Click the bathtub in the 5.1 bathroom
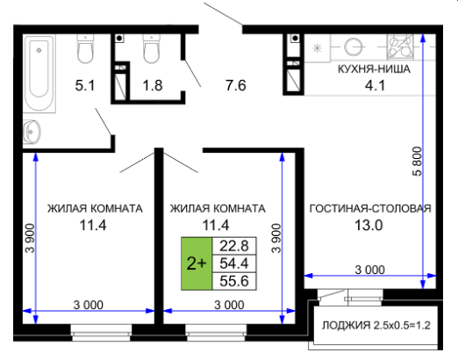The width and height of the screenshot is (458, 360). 39,74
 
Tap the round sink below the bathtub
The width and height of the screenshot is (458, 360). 32,132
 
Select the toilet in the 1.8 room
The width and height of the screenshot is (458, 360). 151,48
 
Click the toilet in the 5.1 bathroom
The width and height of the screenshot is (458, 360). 85,48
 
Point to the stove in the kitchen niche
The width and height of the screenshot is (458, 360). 400,47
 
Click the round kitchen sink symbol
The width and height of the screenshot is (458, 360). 354,47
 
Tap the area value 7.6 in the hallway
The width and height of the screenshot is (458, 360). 236,85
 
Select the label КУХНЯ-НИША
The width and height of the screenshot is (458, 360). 374,69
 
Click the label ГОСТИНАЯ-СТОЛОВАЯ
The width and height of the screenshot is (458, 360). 370,208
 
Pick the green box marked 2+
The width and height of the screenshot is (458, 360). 197,263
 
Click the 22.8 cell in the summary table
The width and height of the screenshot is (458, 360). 234,246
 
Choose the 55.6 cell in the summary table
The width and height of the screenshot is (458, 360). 234,281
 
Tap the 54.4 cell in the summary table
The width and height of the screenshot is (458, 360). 234,263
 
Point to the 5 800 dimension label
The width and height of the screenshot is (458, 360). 418,162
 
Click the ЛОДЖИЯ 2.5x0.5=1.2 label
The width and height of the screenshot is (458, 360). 376,326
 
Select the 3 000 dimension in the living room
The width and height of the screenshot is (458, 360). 370,270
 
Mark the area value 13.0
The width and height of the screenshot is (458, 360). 369,226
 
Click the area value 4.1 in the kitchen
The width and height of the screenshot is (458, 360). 375,85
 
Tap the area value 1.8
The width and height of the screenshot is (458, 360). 153,85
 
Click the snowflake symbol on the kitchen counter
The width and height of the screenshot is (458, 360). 317,47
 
